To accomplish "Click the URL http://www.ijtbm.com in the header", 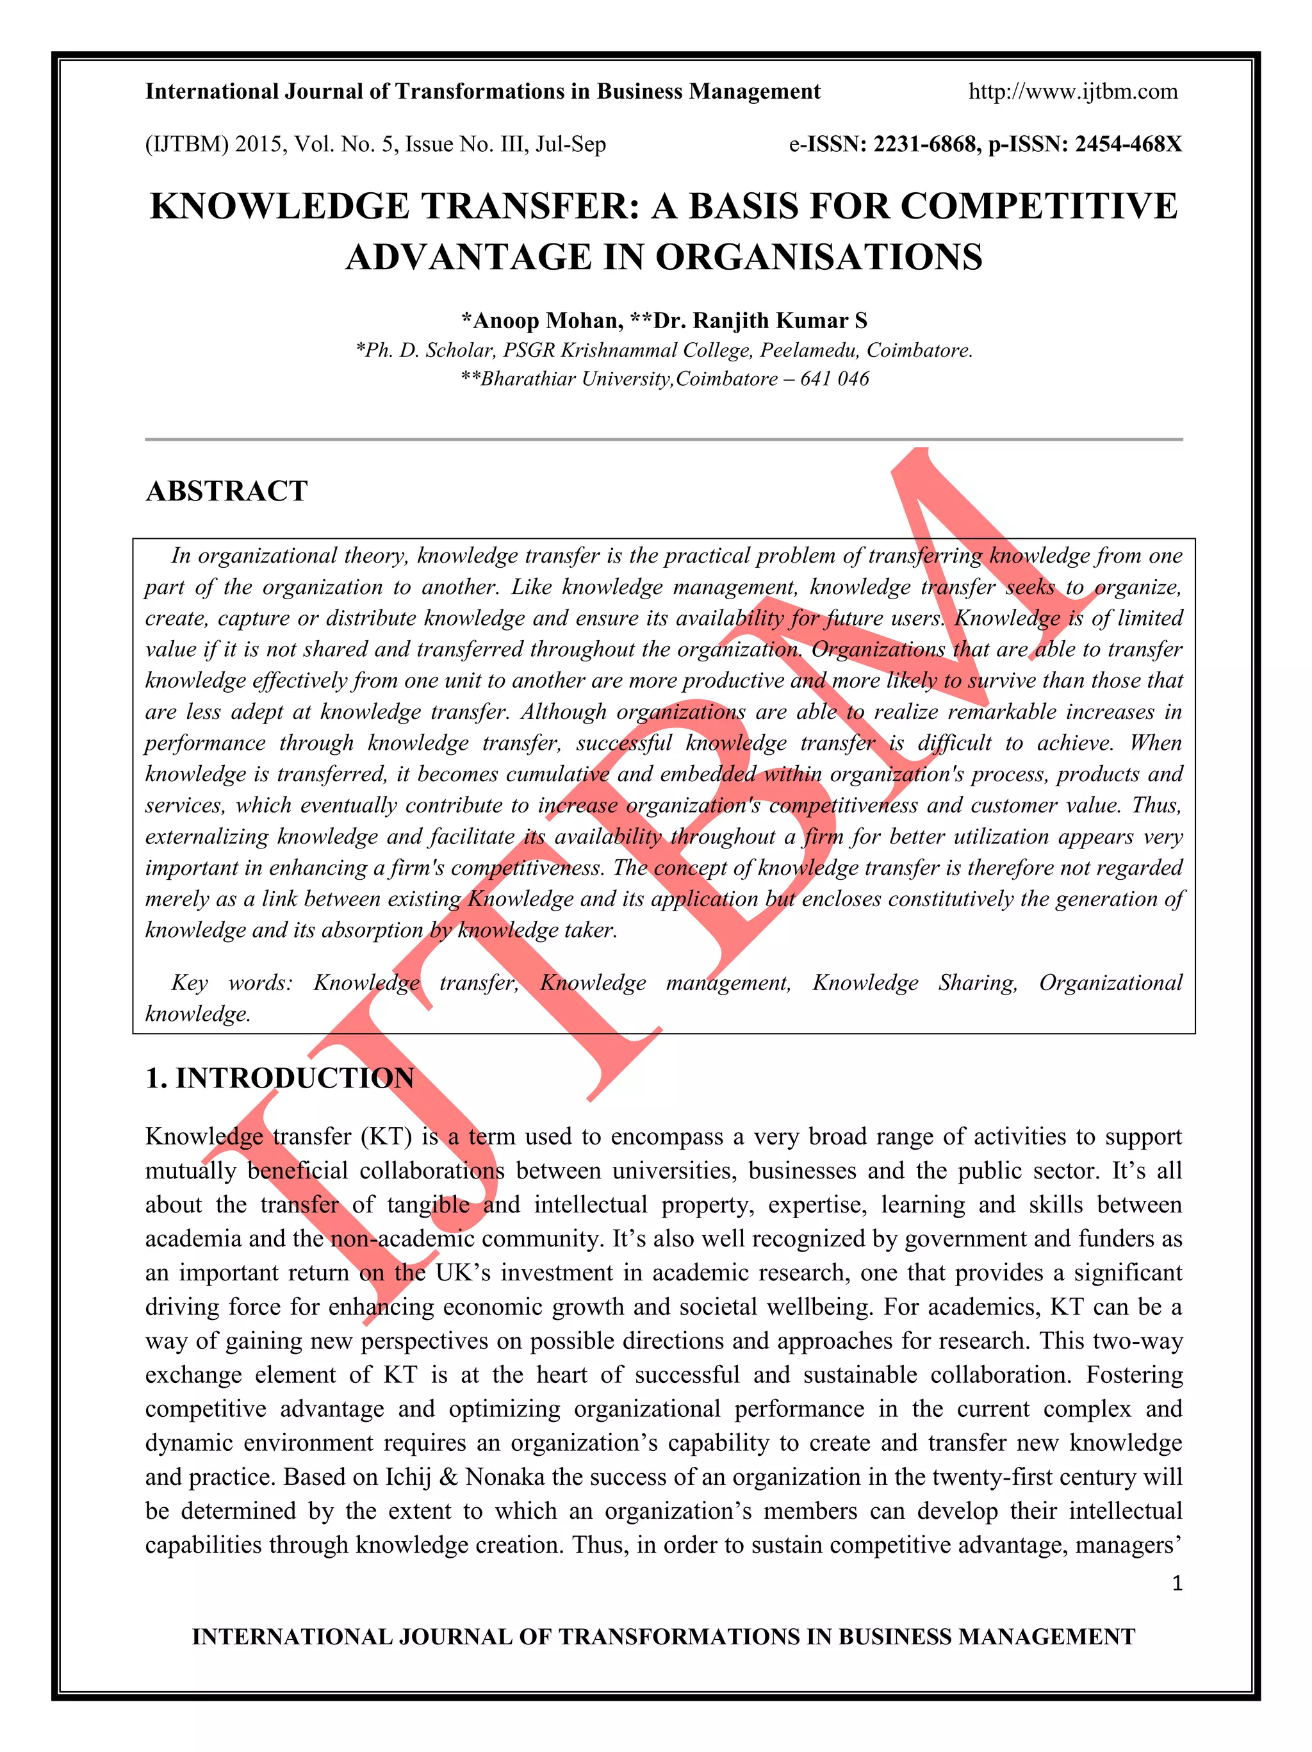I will [x=1073, y=92].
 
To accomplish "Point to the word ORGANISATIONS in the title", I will [x=819, y=258].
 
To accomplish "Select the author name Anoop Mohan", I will [x=546, y=321].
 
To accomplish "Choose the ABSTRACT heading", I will [x=226, y=491].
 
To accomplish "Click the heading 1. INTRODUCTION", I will [x=279, y=1078].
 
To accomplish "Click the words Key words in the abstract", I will [x=231, y=983].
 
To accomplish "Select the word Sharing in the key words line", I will [x=977, y=983].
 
